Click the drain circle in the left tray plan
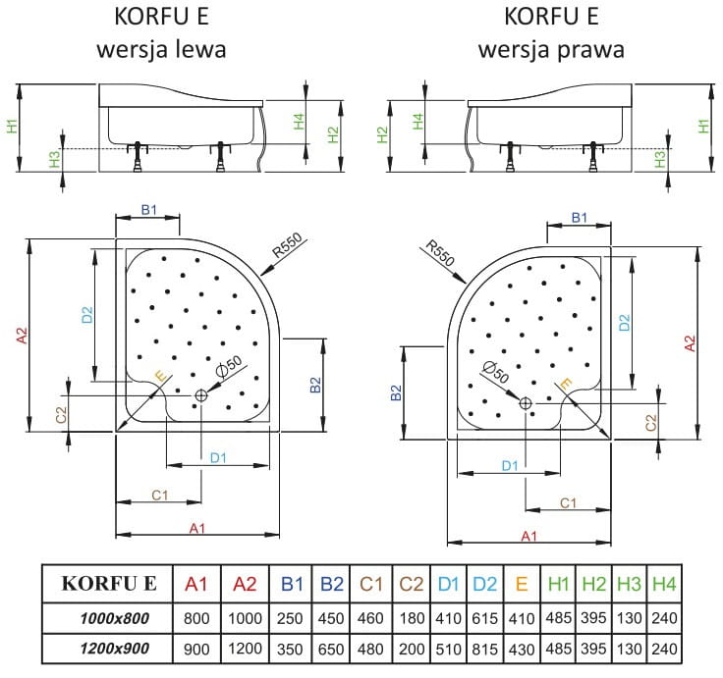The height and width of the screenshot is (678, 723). click(201, 394)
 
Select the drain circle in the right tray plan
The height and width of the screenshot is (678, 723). click(525, 403)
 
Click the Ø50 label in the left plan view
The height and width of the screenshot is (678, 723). click(228, 367)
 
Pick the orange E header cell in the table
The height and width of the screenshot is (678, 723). click(522, 584)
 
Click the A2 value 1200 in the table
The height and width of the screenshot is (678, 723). click(245, 649)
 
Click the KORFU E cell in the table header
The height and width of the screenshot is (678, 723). click(108, 584)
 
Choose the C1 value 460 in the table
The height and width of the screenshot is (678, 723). click(369, 617)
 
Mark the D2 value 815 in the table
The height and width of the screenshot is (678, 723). click(484, 649)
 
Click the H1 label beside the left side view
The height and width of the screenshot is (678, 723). click(12, 127)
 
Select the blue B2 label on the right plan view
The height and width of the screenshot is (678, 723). click(394, 392)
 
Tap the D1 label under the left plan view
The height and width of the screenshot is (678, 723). click(218, 458)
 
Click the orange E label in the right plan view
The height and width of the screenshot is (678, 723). click(564, 385)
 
